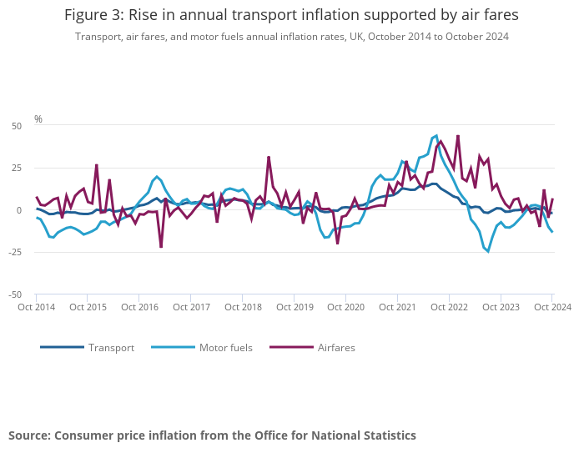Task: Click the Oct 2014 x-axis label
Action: coord(37,307)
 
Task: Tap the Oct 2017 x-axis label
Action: coord(191,307)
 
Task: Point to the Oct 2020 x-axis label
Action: coord(345,307)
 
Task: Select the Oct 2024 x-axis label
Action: coord(551,307)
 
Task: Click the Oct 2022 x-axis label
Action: coord(449,307)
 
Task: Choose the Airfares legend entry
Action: coord(336,348)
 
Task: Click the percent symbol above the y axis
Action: coord(38,119)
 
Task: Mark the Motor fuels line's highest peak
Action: coord(435,135)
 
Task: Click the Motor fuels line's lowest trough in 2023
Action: coord(488,251)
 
